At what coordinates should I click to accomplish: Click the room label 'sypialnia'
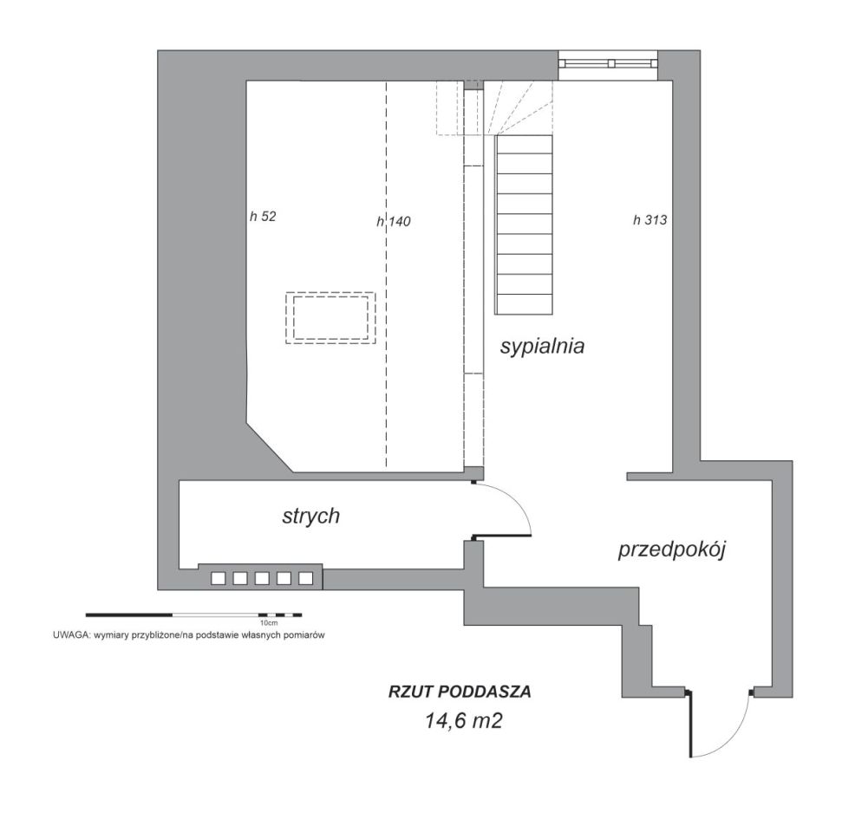click(x=542, y=346)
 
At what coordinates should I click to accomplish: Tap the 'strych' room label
click(x=311, y=516)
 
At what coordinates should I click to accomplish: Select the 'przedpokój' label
click(x=672, y=549)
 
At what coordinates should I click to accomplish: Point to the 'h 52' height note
click(x=263, y=217)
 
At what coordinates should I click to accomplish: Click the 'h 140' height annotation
click(x=394, y=221)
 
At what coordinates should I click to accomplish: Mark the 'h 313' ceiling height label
click(x=649, y=219)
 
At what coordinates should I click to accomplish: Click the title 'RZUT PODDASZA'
click(x=460, y=692)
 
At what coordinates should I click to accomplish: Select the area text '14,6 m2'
click(x=463, y=720)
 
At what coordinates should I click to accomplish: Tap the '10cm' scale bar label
click(x=269, y=623)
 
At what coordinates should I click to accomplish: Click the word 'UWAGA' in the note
click(x=70, y=635)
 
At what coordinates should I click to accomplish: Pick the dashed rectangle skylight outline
click(x=330, y=318)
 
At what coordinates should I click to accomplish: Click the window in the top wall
click(x=609, y=63)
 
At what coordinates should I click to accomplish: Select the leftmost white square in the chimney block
click(x=218, y=578)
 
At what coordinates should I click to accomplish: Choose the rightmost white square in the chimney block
click(x=305, y=578)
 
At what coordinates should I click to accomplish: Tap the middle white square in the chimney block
click(x=262, y=578)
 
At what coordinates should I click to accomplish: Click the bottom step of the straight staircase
click(x=525, y=304)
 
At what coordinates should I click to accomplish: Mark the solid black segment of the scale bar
click(x=129, y=614)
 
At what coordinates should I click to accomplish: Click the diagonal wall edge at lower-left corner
click(x=270, y=446)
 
